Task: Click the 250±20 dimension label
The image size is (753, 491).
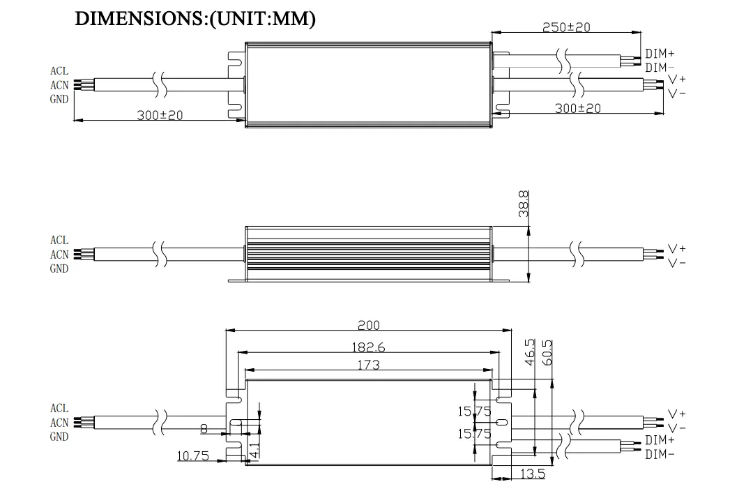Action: pos(566,27)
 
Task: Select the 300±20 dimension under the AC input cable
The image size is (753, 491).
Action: pos(160,114)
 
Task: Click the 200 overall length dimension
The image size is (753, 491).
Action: pos(369,325)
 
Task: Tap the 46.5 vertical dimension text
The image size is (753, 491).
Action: pos(529,352)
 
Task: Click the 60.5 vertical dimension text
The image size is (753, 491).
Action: pos(547,352)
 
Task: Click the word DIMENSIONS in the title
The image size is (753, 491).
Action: pos(139,19)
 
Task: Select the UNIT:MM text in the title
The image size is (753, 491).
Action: pos(265,19)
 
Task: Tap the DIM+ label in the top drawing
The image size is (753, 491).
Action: pos(660,54)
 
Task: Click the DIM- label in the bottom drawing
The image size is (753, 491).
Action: pos(660,455)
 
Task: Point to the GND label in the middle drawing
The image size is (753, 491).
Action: pos(59,269)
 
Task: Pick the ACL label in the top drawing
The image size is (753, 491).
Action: pos(59,71)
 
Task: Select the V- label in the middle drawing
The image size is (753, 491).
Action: pos(676,263)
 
